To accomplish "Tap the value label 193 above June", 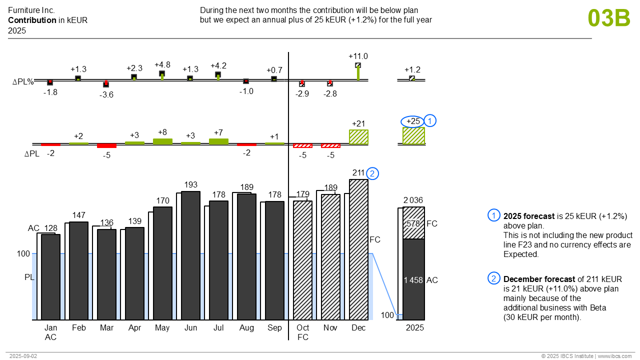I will tap(190, 185).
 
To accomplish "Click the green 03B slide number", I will tap(608, 18).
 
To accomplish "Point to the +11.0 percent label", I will tap(358, 56).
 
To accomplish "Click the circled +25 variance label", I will tap(413, 121).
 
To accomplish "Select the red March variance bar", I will tap(106, 146).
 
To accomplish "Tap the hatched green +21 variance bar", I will tap(358, 137).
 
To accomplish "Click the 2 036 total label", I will tap(413, 200).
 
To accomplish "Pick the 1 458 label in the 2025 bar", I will tap(413, 280).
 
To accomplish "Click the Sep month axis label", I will tap(274, 328).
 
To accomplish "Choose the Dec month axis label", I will tap(358, 328).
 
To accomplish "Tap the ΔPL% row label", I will tap(23, 82).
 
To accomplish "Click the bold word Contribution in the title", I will tap(32, 20).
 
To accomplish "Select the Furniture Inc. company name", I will tap(31, 10).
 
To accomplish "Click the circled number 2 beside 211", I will tap(372, 173).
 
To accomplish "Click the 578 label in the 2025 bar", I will tap(413, 223).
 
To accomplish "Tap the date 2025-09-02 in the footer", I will tap(23, 356).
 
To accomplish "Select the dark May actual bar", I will tap(162, 263).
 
